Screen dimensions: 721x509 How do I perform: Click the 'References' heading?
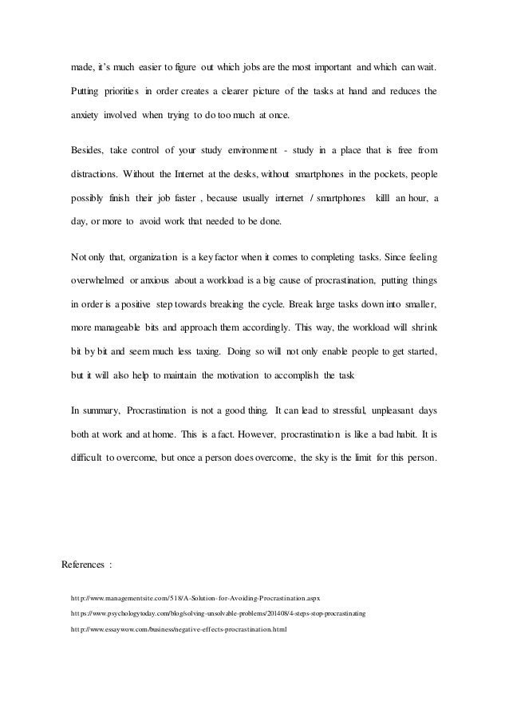point(82,565)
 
